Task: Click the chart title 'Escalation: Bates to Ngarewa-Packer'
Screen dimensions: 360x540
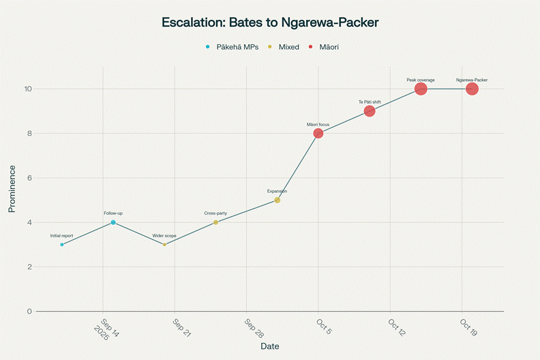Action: (x=270, y=22)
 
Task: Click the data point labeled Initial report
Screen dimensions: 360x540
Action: (x=62, y=244)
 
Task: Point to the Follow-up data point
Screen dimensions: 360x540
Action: (x=113, y=222)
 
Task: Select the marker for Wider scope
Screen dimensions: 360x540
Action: (x=164, y=244)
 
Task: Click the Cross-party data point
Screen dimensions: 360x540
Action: (x=215, y=222)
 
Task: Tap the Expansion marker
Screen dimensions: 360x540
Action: (x=277, y=200)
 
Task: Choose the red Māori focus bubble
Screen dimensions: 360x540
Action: (x=318, y=133)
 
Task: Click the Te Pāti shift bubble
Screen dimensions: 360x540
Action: (x=370, y=111)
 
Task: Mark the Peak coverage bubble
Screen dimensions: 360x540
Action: (x=421, y=89)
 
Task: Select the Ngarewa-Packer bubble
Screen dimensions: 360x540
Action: (x=472, y=89)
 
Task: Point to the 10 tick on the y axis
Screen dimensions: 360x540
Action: (x=28, y=89)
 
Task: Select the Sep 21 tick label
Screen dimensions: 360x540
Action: (x=181, y=327)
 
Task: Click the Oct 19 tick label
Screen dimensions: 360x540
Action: (x=468, y=327)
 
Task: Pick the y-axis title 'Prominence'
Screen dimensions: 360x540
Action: (x=12, y=189)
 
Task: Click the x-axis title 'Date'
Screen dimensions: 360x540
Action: (x=270, y=346)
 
